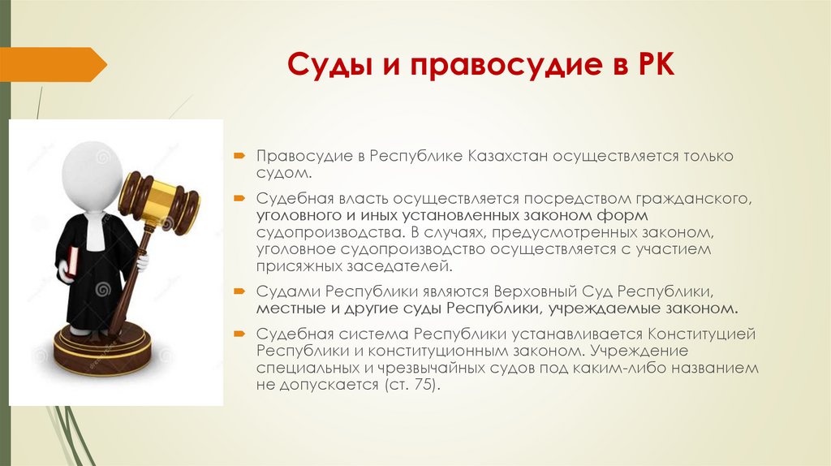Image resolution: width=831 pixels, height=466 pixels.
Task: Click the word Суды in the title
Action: tap(329, 65)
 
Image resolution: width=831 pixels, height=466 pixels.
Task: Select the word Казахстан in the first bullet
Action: tap(508, 156)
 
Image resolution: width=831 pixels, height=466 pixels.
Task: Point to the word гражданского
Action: tap(695, 200)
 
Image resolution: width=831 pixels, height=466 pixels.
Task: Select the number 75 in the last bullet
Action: tap(424, 385)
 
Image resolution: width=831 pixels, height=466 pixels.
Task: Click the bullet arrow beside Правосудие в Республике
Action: tap(239, 156)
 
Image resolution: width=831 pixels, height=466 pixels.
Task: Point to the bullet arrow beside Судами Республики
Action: tap(239, 291)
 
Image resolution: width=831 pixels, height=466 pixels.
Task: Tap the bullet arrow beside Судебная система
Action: tap(239, 334)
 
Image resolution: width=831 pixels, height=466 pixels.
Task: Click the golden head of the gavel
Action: tap(158, 201)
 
